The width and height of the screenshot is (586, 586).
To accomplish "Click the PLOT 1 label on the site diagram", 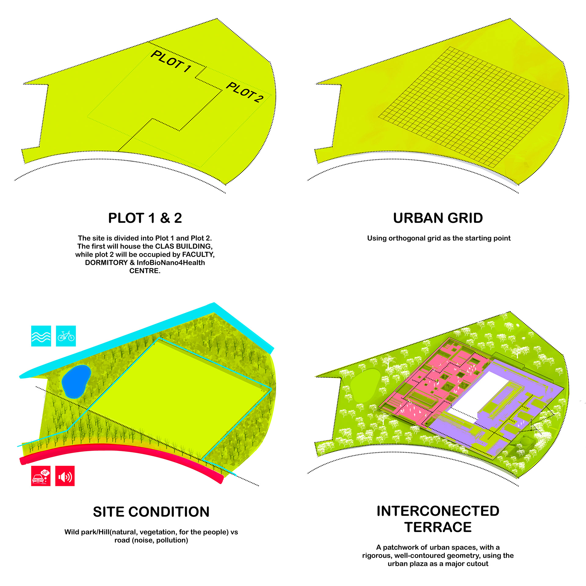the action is click(171, 61).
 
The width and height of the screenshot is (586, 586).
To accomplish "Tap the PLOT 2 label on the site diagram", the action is click(244, 92).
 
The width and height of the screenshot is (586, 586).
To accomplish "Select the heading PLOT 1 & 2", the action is click(145, 218).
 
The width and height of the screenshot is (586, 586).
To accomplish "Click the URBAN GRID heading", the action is click(438, 218).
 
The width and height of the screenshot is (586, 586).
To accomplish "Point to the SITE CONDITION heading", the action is click(151, 512).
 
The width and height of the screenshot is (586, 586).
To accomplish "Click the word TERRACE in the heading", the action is click(438, 527).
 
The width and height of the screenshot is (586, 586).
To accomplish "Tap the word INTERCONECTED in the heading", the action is click(438, 511).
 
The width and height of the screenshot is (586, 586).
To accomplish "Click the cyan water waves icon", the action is click(41, 336).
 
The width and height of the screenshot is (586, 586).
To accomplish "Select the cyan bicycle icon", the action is click(66, 336).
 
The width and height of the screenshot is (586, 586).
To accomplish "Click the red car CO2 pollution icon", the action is click(41, 476).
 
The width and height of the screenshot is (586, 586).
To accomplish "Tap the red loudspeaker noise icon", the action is click(65, 476).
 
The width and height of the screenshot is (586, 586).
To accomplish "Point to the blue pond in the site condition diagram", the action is click(76, 382).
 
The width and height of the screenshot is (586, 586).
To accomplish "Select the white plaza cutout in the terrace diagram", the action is click(476, 394).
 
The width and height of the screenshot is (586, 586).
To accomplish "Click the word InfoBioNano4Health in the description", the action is click(171, 262).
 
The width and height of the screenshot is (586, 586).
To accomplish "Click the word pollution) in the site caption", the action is click(172, 540).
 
